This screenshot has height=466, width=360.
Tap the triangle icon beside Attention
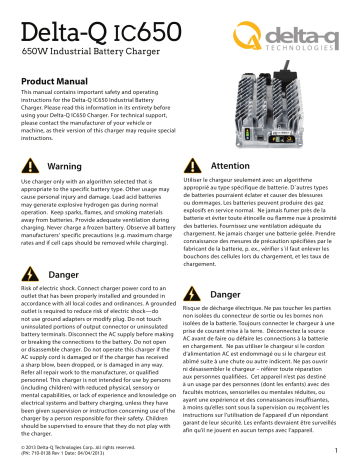pos(221,163)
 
